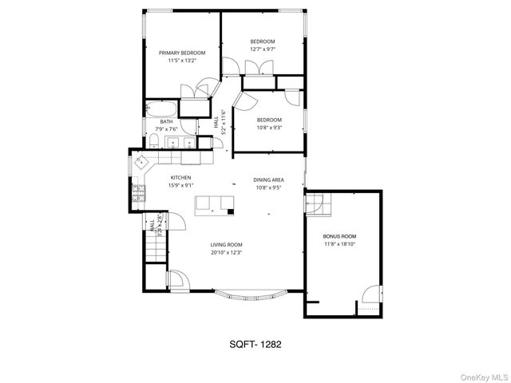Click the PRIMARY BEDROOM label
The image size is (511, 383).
tap(181, 53)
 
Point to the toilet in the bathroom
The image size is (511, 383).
tap(152, 142)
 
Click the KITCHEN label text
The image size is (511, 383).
tap(180, 178)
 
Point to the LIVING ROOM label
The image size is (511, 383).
tap(226, 244)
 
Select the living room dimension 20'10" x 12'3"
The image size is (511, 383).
tap(226, 253)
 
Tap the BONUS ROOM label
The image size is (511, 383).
tap(339, 237)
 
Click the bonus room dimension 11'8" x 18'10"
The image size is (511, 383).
tap(339, 246)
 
